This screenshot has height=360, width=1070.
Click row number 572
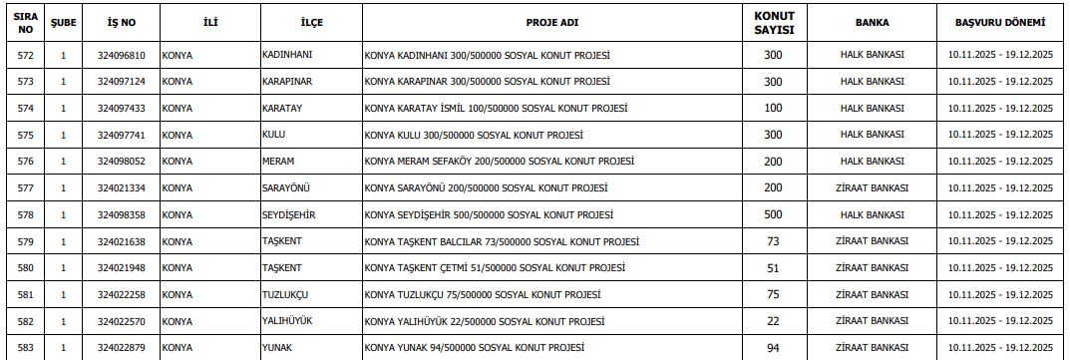tap(26, 55)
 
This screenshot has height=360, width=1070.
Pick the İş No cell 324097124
tap(122, 82)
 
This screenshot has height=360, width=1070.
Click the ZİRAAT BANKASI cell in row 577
tap(872, 187)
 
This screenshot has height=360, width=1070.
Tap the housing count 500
tap(772, 214)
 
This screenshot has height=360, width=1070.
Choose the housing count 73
tap(772, 241)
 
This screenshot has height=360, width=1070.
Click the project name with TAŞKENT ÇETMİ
tap(496, 267)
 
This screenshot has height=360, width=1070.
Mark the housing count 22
tap(772, 321)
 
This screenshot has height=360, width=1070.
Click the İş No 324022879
tap(122, 347)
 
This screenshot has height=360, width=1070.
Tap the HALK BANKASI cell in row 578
tap(872, 214)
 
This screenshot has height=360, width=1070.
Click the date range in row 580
tap(999, 267)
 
